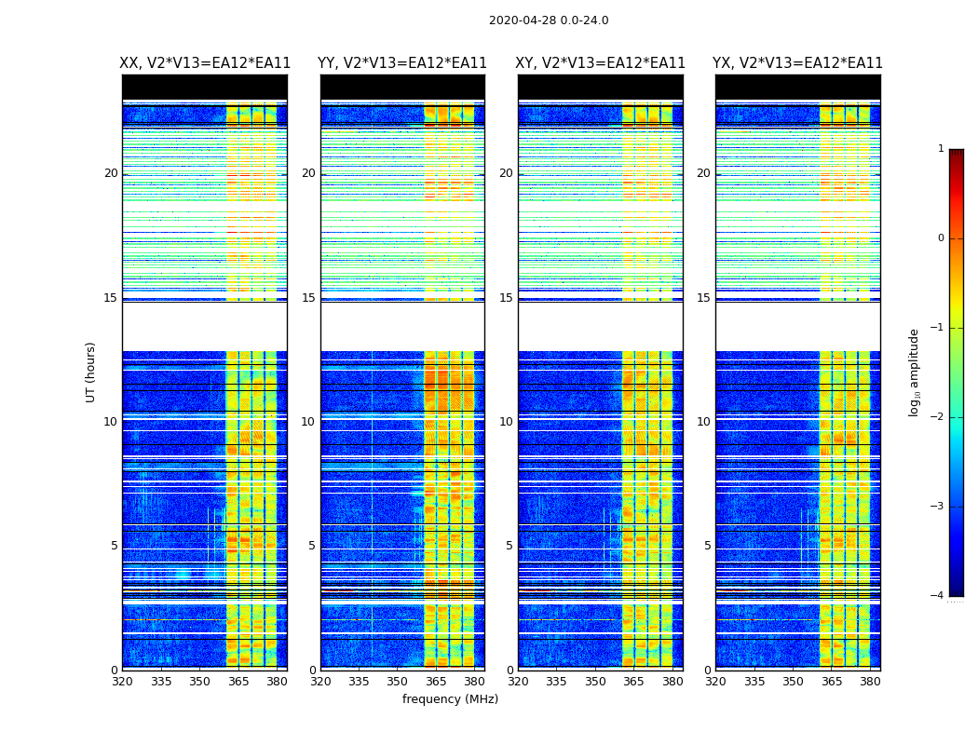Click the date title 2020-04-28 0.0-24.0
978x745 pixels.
[x=549, y=20]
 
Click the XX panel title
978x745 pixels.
[x=205, y=63]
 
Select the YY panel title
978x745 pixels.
[x=402, y=63]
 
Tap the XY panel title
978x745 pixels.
[x=601, y=63]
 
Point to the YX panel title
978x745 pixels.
[x=797, y=63]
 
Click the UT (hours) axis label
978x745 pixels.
[x=90, y=372]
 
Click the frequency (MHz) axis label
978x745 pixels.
[x=450, y=699]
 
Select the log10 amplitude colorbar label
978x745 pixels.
[x=915, y=372]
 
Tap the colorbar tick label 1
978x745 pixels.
[x=941, y=149]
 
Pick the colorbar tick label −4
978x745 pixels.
[x=938, y=596]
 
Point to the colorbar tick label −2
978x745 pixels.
[x=938, y=417]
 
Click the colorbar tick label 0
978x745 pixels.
[x=941, y=238]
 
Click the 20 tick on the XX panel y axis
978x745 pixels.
[x=111, y=173]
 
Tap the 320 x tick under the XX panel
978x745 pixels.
[x=122, y=682]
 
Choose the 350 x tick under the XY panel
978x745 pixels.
[x=595, y=682]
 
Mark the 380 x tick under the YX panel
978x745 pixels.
[x=870, y=682]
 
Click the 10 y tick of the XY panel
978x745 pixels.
[x=506, y=422]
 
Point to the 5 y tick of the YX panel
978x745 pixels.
[x=708, y=546]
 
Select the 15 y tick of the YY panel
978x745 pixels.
[x=308, y=298]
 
